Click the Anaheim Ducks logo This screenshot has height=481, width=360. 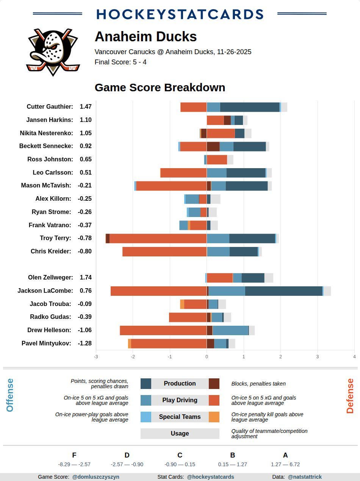point(53,52)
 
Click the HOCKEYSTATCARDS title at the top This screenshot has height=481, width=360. point(180,14)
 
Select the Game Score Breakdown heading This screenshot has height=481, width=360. point(160,87)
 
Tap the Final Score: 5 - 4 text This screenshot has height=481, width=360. point(121,62)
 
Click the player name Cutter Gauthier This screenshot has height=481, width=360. point(50,107)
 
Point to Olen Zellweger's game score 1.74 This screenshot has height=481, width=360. point(86,278)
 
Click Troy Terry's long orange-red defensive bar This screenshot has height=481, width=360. point(158,238)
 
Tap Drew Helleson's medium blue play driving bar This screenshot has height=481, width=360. point(230,330)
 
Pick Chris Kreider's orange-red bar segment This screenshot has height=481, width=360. point(164,251)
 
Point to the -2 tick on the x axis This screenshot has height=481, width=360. point(133,356)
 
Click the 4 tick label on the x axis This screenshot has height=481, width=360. point(354,356)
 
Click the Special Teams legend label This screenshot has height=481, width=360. point(180,417)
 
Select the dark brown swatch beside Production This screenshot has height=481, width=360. point(214,384)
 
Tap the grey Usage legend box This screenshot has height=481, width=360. point(180,434)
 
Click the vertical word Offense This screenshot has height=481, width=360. point(10,395)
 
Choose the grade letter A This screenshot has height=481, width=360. point(285,455)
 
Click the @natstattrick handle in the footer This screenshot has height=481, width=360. point(305,477)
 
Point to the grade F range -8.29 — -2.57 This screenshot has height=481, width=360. point(74,464)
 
